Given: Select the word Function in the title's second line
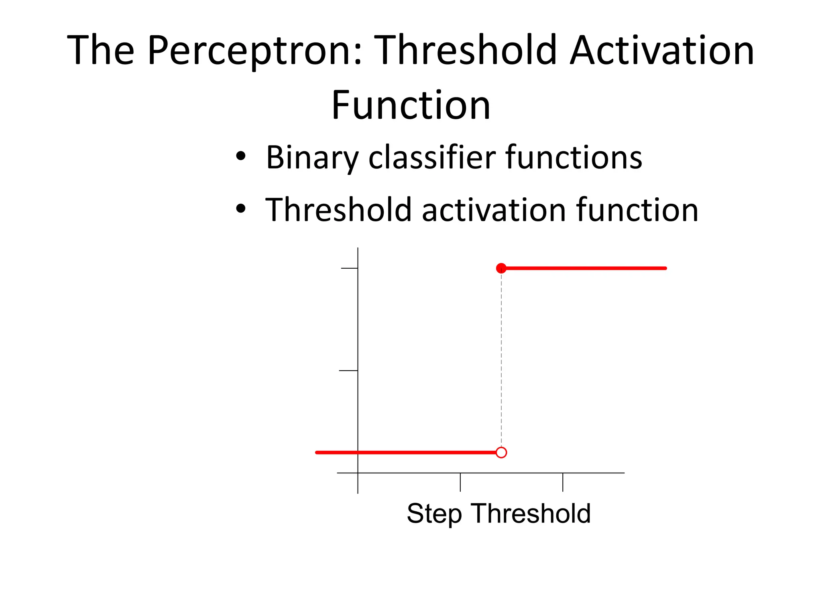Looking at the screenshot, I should tap(411, 105).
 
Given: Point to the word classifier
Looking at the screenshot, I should tap(432, 157).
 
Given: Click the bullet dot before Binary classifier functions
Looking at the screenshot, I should tap(240, 156).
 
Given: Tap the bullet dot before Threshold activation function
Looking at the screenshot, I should tap(240, 209).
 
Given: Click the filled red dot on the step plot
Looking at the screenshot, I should tap(501, 268).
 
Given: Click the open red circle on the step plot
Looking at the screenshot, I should tap(501, 453).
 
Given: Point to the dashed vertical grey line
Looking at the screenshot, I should tap(501, 361).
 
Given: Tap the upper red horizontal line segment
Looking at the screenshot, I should tap(586, 268).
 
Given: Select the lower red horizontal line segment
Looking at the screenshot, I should tap(405, 453).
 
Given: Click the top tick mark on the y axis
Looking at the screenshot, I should tap(349, 268).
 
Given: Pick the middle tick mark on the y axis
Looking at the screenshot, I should tap(348, 371).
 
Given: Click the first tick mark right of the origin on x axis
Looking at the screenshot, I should tap(460, 482).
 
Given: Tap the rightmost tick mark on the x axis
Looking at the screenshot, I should tap(563, 482).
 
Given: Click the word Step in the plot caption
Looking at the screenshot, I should tap(434, 514).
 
